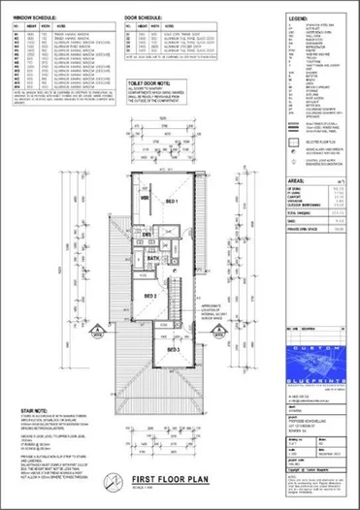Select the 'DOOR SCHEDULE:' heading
point(149,17)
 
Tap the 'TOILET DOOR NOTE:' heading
point(151,84)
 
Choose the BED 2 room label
point(151,296)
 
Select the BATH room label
point(153,260)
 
